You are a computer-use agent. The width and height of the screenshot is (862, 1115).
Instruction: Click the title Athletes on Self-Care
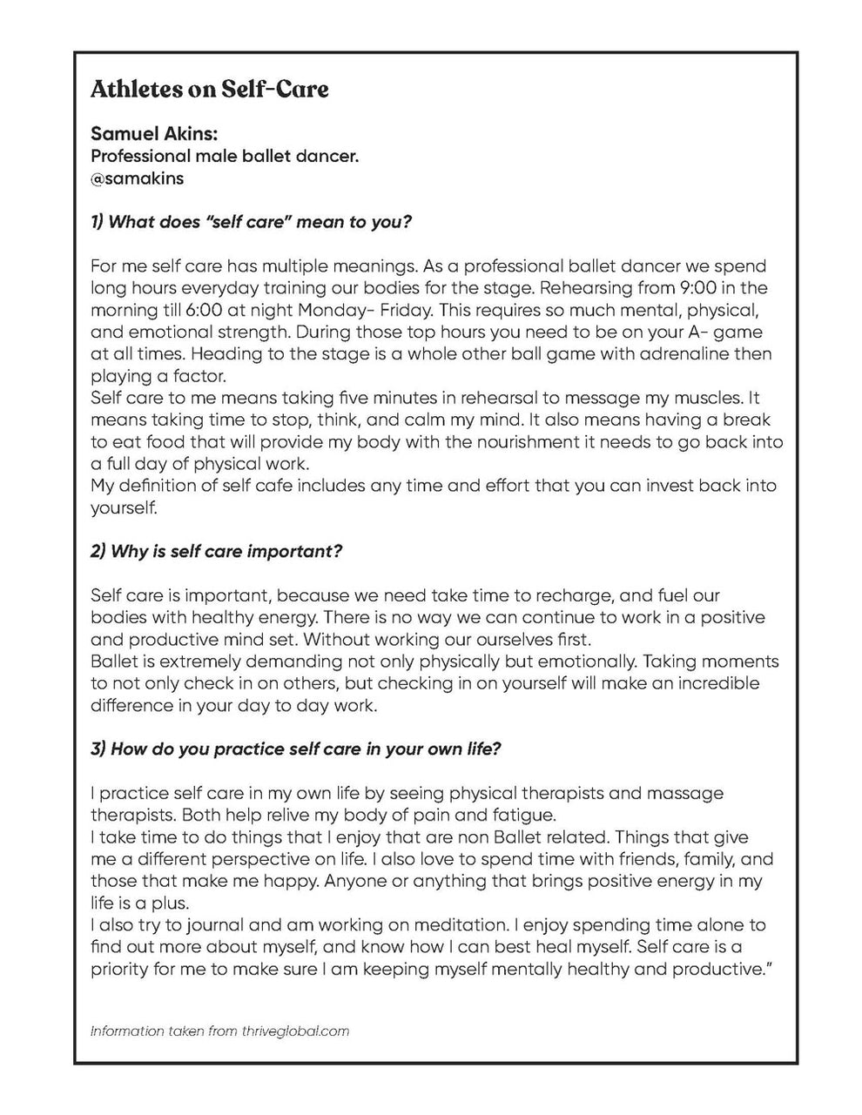click(209, 90)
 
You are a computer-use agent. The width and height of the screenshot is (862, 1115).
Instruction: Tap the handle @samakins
click(137, 178)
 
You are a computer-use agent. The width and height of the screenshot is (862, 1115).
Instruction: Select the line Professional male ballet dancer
click(225, 157)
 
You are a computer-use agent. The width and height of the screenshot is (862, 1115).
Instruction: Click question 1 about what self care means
click(251, 222)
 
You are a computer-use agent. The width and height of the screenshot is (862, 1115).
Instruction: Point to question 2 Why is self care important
click(216, 552)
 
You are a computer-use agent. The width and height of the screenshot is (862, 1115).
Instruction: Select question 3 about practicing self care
click(295, 749)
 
